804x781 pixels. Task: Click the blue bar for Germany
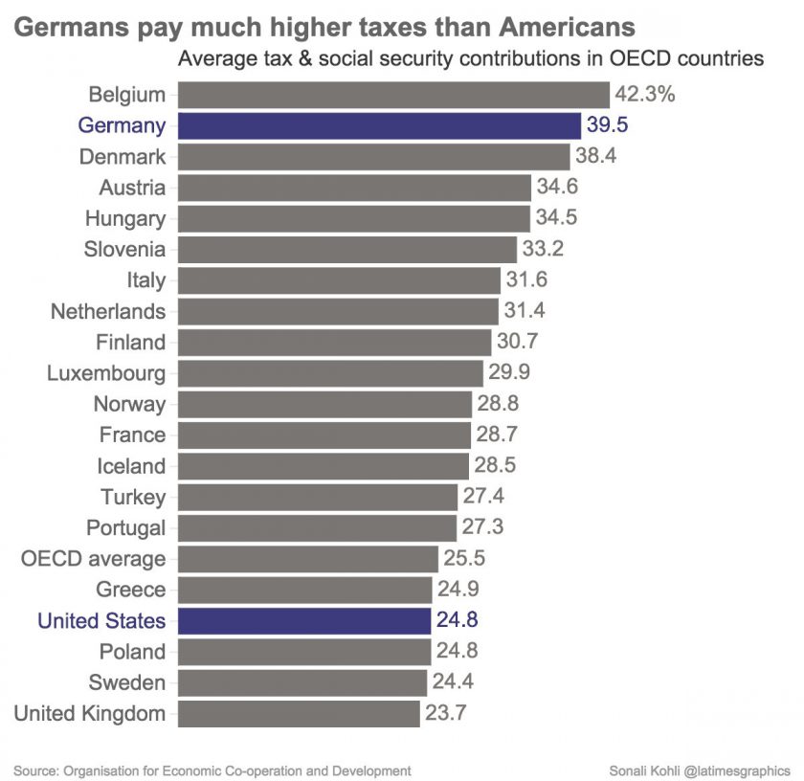(379, 125)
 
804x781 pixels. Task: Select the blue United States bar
(304, 620)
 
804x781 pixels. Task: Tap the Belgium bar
(393, 95)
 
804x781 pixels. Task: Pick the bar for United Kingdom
(299, 713)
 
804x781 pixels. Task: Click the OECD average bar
(307, 558)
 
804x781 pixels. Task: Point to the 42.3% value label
(646, 95)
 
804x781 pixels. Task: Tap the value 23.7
(445, 713)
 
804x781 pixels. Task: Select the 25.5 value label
(464, 558)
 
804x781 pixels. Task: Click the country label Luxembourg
(106, 373)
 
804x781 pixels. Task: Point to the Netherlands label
(108, 311)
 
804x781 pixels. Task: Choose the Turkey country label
(133, 497)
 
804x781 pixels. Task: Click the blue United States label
(101, 620)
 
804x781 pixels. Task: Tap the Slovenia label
(124, 249)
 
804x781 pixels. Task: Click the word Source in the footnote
(34, 770)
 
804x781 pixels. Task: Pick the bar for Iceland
(324, 466)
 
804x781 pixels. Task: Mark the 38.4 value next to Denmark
(596, 156)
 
